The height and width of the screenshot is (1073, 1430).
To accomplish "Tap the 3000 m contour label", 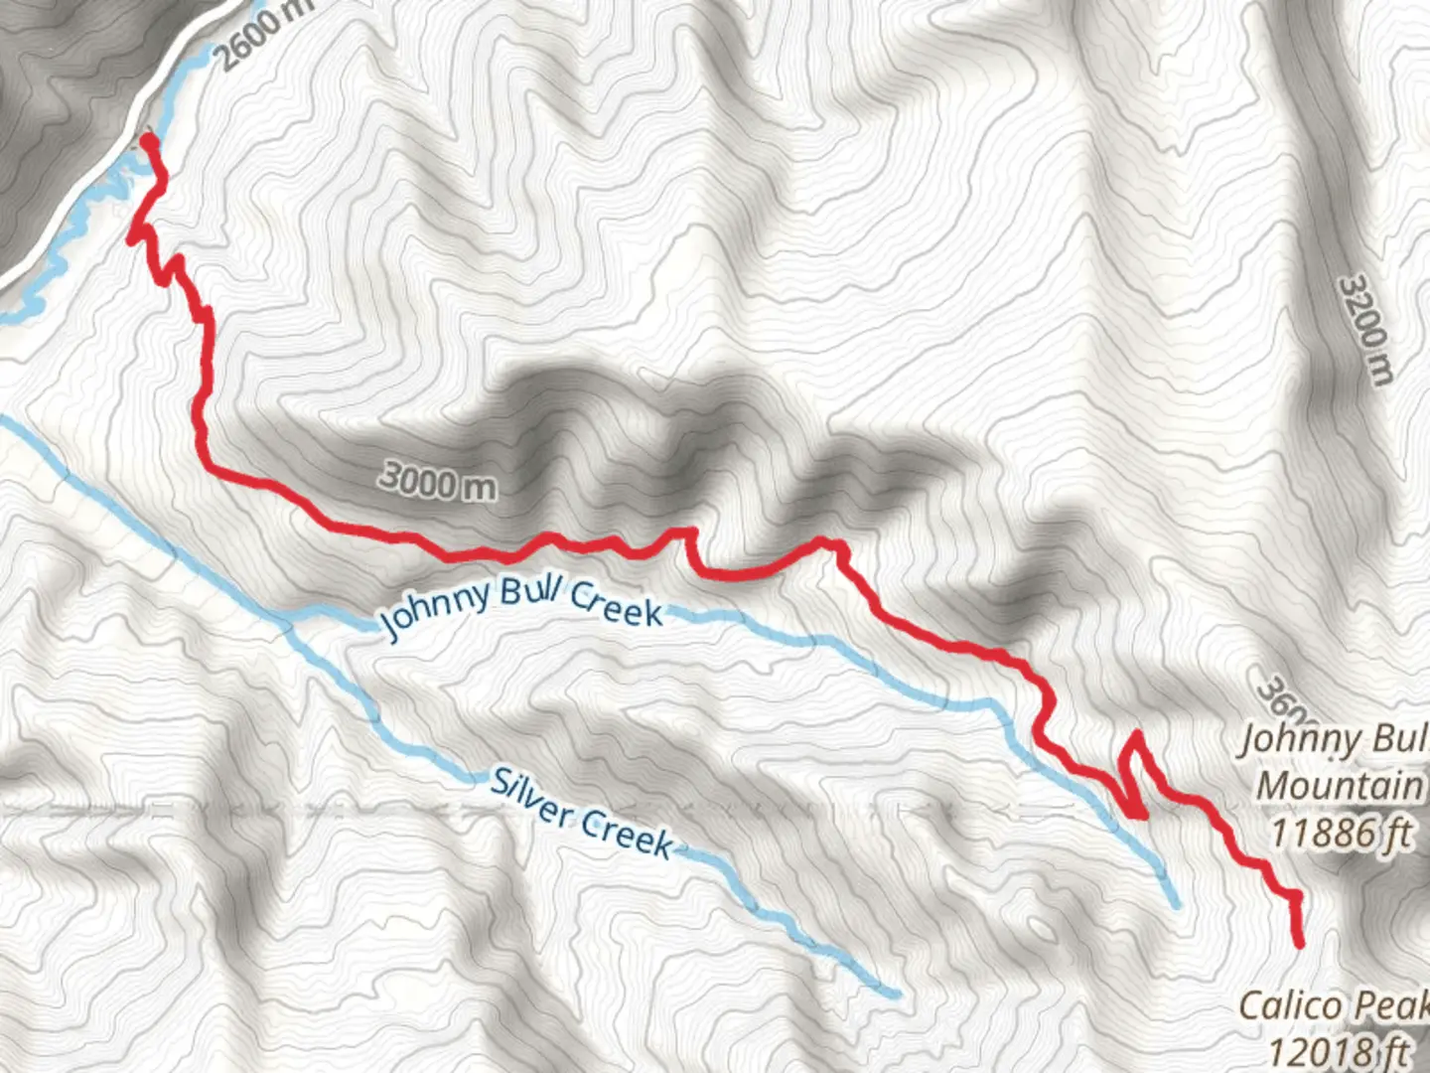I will click(438, 482).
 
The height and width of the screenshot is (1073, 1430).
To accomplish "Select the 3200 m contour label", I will click(1366, 329).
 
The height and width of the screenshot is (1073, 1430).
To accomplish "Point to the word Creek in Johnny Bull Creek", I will click(616, 603).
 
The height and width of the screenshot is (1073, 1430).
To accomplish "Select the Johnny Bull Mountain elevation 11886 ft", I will click(1341, 832).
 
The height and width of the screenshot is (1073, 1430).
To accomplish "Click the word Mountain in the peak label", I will click(1340, 785).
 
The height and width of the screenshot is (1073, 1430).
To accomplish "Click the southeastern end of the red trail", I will click(1299, 942).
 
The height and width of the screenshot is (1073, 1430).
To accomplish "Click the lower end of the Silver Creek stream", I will click(896, 993).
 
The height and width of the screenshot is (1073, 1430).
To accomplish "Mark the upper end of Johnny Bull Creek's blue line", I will click(1177, 904).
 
